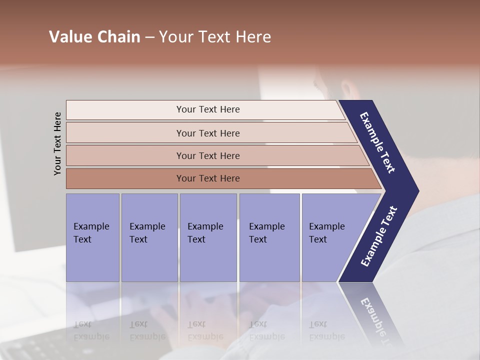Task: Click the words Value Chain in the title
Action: [x=94, y=37]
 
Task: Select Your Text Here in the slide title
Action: [x=215, y=37]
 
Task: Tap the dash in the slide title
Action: [x=149, y=37]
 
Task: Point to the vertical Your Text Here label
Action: [x=57, y=143]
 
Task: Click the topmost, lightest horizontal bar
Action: [x=208, y=109]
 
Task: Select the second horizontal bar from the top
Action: [x=208, y=133]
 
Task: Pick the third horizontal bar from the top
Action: [x=208, y=155]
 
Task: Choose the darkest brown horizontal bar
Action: [x=208, y=178]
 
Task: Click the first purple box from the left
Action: [x=92, y=237]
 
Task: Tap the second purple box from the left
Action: [x=149, y=237]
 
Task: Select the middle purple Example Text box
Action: [x=208, y=237]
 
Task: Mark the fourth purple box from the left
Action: [x=269, y=237]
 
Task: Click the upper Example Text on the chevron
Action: [x=377, y=142]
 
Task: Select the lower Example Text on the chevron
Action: [x=378, y=236]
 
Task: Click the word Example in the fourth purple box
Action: [x=266, y=226]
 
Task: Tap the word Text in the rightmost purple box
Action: [x=317, y=239]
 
